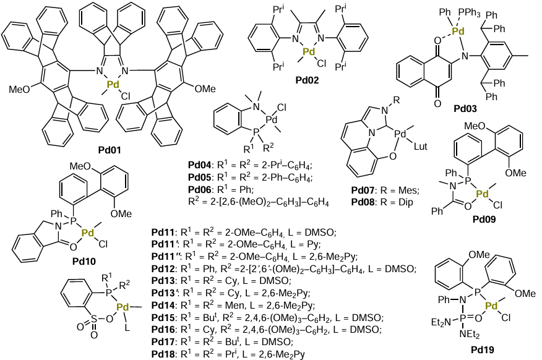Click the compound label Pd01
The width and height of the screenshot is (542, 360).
(x=110, y=150)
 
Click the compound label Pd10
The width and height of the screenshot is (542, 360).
(x=87, y=261)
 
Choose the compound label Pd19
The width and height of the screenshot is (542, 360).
(x=486, y=349)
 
